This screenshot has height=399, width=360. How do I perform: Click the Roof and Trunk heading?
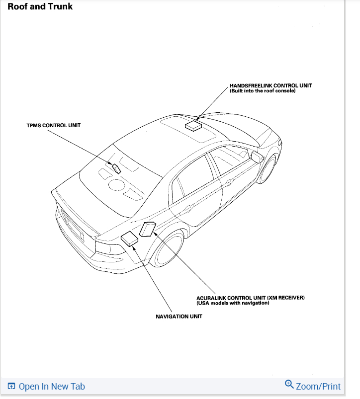[40, 7]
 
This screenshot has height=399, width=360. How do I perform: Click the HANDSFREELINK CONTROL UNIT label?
[270, 85]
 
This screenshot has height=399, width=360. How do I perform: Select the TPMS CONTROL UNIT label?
[53, 126]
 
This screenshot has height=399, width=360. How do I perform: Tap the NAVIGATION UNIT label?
[179, 317]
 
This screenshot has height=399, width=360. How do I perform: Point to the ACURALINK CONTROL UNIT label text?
[250, 298]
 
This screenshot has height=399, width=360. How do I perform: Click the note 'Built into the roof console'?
[263, 91]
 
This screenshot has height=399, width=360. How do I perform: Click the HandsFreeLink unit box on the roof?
[193, 125]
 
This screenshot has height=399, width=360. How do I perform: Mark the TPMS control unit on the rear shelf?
[116, 168]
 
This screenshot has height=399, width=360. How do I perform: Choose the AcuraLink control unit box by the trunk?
[147, 230]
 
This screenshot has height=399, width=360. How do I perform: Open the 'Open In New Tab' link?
[51, 387]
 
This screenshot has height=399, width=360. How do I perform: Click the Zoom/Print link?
[318, 386]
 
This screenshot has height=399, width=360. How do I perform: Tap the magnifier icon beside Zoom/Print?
[289, 385]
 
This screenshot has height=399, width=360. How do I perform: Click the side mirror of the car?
[257, 157]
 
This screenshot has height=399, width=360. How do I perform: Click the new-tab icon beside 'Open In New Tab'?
[12, 387]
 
